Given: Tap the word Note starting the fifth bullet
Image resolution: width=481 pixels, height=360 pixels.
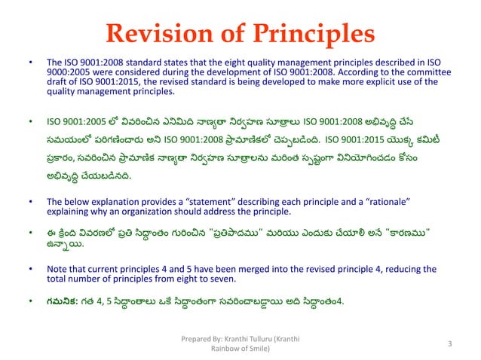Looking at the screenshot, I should click(57, 268).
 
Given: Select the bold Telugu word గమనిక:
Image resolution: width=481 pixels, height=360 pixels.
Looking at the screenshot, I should click(63, 303).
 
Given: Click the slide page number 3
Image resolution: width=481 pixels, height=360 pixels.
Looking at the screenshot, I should click(449, 343).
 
